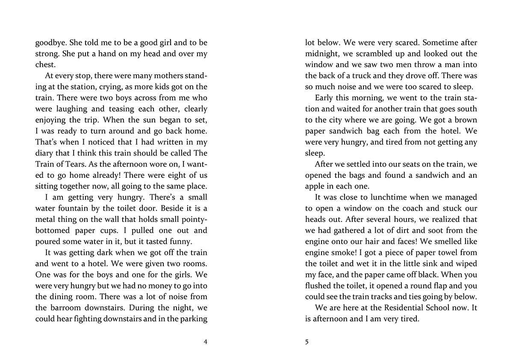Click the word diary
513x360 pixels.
[44, 153]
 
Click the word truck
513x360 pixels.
[365, 76]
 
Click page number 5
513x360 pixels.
[307, 341]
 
